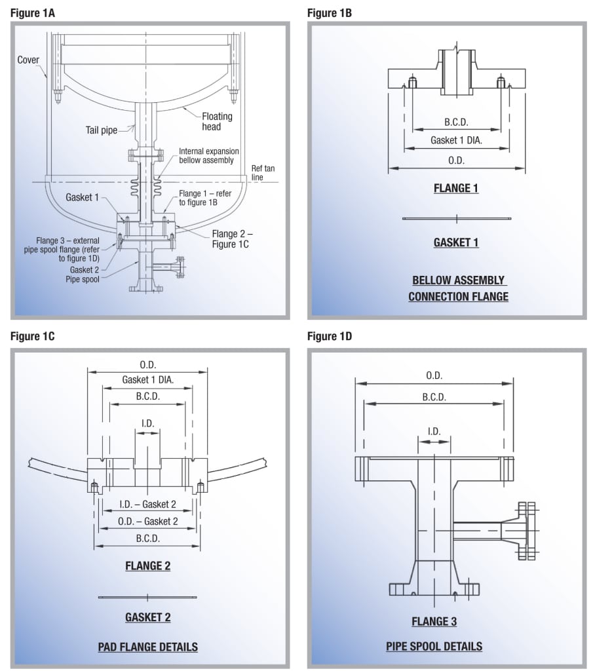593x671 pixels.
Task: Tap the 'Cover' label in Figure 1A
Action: click(x=29, y=60)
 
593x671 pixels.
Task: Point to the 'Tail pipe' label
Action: click(x=100, y=130)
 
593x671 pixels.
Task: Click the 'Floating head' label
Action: click(x=216, y=121)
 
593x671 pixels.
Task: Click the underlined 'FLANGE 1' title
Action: click(x=455, y=189)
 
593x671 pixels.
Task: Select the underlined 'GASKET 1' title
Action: click(x=455, y=242)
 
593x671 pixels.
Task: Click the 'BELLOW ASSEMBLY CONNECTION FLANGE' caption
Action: click(x=458, y=288)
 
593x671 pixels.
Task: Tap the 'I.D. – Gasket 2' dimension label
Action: click(x=147, y=504)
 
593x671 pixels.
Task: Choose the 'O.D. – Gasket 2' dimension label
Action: click(x=147, y=521)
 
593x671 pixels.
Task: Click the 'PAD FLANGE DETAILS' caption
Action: click(x=147, y=647)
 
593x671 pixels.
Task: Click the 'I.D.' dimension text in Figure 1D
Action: click(x=434, y=431)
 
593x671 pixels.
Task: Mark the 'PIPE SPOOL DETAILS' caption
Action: click(x=434, y=647)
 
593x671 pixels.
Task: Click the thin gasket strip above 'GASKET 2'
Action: click(x=147, y=597)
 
